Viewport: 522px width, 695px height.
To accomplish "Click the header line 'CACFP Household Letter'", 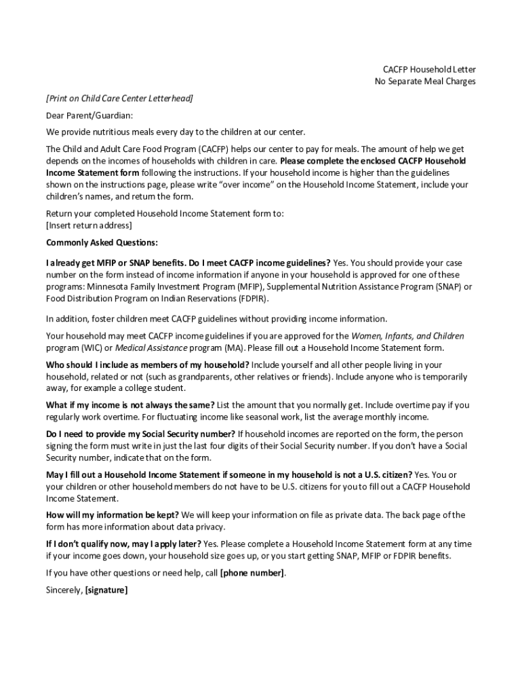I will click(x=429, y=69).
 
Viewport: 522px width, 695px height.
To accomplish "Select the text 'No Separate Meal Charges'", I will click(x=425, y=81).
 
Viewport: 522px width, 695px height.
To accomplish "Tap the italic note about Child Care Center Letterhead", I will click(x=119, y=98).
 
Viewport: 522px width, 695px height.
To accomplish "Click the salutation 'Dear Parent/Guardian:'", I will click(x=89, y=115).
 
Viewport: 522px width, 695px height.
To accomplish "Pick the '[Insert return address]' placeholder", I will click(x=89, y=225).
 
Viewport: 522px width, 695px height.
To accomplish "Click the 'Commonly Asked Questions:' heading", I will click(x=102, y=242).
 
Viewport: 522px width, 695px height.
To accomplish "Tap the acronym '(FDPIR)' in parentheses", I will click(x=252, y=298).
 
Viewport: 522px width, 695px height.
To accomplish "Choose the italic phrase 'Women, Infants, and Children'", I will click(x=407, y=336).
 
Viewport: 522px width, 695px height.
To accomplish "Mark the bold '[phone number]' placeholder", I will click(x=252, y=573).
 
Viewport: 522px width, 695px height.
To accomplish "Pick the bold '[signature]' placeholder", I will click(x=106, y=590).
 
